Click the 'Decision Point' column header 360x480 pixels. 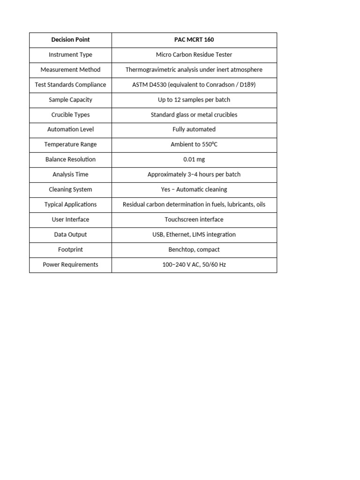click(70, 40)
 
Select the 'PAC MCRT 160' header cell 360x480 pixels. click(194, 40)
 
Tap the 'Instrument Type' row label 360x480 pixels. click(70, 55)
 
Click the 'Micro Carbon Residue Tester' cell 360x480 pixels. click(194, 55)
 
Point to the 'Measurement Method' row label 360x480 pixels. click(70, 70)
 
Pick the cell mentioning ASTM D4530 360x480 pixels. click(194, 85)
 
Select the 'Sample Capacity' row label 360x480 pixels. click(70, 100)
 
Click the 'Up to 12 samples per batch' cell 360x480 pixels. click(194, 100)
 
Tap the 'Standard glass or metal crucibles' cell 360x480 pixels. click(194, 115)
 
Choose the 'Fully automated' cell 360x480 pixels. click(194, 129)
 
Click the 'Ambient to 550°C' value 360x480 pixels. click(194, 144)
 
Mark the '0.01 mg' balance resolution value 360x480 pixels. click(194, 159)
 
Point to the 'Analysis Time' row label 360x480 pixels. click(70, 174)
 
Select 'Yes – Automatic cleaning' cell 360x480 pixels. click(194, 189)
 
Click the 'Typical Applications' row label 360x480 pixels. click(70, 204)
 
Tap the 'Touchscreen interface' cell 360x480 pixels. click(194, 219)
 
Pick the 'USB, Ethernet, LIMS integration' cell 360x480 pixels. click(194, 234)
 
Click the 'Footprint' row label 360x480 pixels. click(70, 249)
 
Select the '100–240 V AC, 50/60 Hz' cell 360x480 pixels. click(194, 264)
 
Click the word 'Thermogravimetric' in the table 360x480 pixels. click(150, 70)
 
